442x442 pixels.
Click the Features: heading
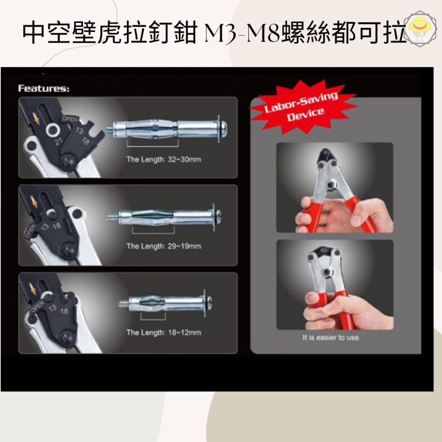click(x=43, y=88)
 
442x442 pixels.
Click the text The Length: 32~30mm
click(x=164, y=159)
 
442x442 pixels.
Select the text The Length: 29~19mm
click(x=164, y=246)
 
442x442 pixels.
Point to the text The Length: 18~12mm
click(x=164, y=332)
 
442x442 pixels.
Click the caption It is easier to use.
click(x=331, y=338)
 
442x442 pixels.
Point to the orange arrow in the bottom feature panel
click(x=33, y=288)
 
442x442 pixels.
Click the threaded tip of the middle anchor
click(x=112, y=217)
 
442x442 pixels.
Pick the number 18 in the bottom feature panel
click(x=64, y=311)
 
